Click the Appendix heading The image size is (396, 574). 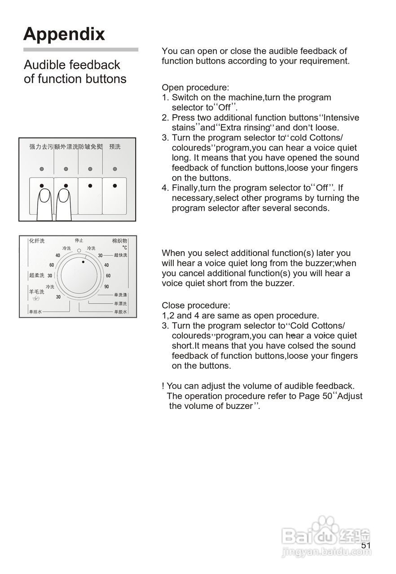64,34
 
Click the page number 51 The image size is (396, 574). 366,545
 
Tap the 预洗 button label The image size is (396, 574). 115,147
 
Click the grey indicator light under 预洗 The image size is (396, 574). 115,169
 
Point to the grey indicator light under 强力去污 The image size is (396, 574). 41,169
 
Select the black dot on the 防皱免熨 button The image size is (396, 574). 90,185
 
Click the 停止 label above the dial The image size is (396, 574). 79,240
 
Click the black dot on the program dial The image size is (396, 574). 83,262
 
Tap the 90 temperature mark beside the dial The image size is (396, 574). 107,287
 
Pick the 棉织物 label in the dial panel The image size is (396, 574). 120,241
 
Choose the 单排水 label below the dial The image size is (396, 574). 35,312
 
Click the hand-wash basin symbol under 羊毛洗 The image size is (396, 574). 36,299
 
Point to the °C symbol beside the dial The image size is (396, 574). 124,248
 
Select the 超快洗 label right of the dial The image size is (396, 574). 120,255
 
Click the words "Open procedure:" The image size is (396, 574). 195,87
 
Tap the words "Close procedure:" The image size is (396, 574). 196,305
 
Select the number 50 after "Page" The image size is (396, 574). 327,396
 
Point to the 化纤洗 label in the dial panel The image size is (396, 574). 37,241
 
